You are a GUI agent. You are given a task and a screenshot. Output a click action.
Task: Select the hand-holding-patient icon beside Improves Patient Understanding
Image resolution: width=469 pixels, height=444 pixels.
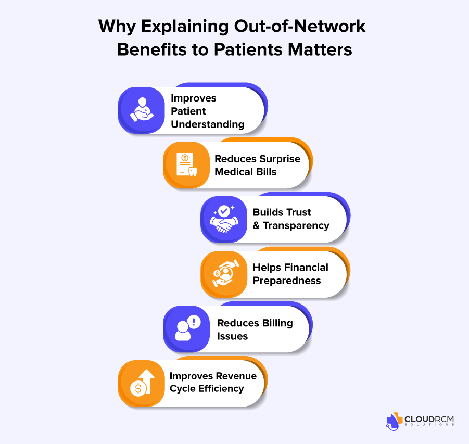(141, 110)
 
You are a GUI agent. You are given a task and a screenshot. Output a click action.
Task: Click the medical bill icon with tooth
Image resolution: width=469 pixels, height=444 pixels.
(186, 164)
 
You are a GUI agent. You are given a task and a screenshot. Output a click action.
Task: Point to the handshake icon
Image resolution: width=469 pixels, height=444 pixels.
(223, 219)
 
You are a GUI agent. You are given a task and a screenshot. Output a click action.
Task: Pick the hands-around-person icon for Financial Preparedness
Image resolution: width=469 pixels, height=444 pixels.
(223, 274)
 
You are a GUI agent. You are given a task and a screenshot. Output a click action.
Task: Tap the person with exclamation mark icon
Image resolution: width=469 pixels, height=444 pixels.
(186, 329)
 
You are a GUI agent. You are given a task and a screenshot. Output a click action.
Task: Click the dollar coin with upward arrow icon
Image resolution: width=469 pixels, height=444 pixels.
(141, 384)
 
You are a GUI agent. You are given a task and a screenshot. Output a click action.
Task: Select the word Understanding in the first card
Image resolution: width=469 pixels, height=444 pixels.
(208, 124)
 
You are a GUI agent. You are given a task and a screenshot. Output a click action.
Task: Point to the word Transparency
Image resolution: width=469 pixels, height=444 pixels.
(296, 225)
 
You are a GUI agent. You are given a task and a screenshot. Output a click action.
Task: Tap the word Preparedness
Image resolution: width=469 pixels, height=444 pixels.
(287, 281)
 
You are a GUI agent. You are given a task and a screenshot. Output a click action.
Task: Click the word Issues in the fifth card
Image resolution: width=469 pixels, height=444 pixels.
(233, 336)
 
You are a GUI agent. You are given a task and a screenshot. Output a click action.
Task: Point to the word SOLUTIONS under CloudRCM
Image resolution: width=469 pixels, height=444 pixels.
(430, 425)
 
